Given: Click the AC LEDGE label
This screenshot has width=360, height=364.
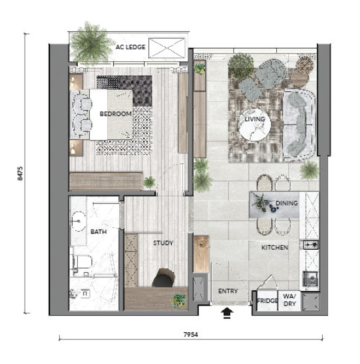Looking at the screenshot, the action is pyautogui.click(x=130, y=47).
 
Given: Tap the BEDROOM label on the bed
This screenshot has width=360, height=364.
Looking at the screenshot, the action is pyautogui.click(x=115, y=114).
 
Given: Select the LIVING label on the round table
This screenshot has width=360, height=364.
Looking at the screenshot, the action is pyautogui.click(x=255, y=119).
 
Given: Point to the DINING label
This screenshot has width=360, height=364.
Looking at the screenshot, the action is pyautogui.click(x=287, y=203).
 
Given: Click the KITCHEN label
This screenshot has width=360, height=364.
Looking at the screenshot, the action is pyautogui.click(x=275, y=248).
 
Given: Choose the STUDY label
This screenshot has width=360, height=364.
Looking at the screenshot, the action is pyautogui.click(x=163, y=243).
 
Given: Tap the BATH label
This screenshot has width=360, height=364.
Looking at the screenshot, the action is pyautogui.click(x=98, y=232).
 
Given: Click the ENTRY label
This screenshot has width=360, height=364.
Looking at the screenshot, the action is pyautogui.click(x=228, y=291).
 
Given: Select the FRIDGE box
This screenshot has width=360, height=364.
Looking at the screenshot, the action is pyautogui.click(x=268, y=301).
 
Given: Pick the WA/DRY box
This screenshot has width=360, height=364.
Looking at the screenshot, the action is pyautogui.click(x=289, y=301).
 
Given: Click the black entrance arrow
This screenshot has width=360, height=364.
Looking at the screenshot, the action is pyautogui.click(x=227, y=313).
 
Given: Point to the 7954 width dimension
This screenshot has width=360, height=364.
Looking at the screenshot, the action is pyautogui.click(x=191, y=334).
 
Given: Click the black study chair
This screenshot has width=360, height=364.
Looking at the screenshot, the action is pyautogui.click(x=164, y=278).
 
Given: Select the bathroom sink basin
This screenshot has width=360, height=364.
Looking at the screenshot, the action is pyautogui.click(x=78, y=221).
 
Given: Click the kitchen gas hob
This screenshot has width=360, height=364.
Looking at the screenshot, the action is pyautogui.click(x=311, y=244).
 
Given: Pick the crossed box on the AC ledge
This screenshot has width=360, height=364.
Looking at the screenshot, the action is pyautogui.click(x=167, y=48).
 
